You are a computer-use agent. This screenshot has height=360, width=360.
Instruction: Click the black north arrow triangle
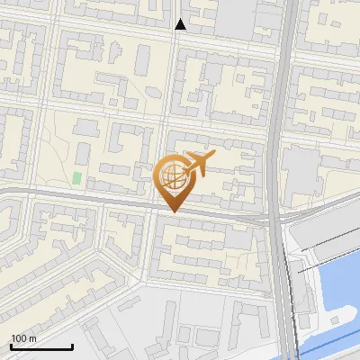coord(180,24)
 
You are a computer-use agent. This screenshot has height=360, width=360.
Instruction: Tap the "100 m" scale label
coord(23,337)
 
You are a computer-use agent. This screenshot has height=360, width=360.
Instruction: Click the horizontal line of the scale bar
coord(41,346)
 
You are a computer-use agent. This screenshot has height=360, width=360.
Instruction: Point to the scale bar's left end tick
coord(11,345)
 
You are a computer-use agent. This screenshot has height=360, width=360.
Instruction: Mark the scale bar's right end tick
coord(72,345)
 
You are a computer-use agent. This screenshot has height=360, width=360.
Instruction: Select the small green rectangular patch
coord(77,178)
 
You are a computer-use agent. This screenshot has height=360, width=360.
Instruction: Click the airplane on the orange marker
coord(199,164)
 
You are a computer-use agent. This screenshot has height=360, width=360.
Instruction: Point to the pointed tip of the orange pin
coord(172,211)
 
